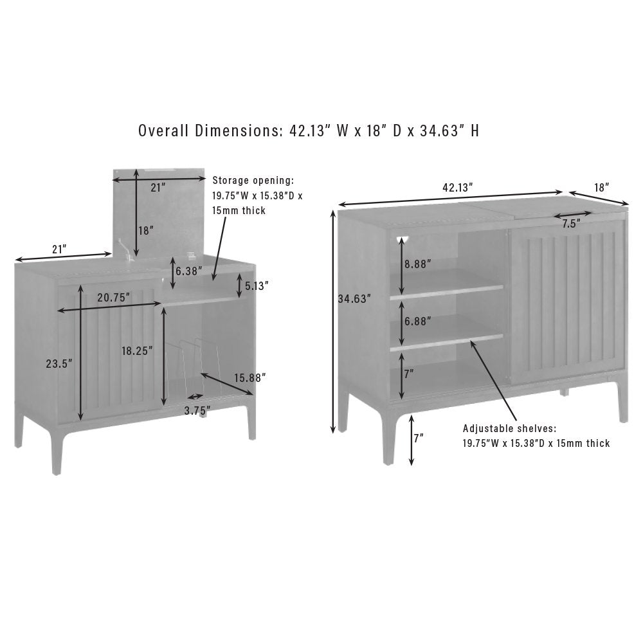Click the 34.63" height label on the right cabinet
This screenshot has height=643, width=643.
pos(354,299)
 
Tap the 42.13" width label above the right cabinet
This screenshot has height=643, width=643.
pos(458,187)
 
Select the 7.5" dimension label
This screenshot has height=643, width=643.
pos(571,224)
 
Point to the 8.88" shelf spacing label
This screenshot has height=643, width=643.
pos(418,264)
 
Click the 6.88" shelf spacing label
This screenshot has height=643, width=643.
pos(418,321)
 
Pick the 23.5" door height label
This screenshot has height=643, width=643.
pos(59,363)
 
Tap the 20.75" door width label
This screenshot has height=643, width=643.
pos(114,298)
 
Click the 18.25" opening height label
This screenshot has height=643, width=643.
pos(137,350)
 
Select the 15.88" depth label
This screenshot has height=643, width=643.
pos(249,377)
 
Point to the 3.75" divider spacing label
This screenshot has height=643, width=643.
pos(197,410)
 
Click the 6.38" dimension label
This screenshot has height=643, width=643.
pos(189,271)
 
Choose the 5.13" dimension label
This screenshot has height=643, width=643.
pos(257,286)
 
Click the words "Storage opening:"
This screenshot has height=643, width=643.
pos(253,181)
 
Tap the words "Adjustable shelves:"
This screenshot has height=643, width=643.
pos(510,428)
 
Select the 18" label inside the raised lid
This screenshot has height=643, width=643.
pos(146,230)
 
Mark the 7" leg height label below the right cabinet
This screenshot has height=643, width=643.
pos(419,439)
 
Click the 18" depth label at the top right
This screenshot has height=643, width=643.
pos(602,187)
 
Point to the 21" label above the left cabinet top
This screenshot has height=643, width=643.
pos(59,249)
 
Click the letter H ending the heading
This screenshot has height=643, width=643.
pos(475,131)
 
